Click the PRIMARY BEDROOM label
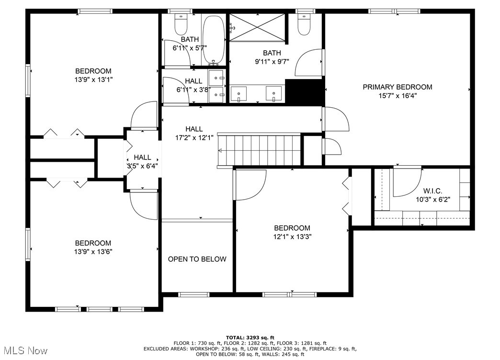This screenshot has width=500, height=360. point(398,87)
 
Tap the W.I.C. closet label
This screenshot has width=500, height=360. point(433,191)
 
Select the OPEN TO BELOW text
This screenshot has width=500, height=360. point(197,259)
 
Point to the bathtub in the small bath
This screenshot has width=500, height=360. point(214,39)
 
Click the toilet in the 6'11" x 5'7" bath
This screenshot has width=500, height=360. point(181,25)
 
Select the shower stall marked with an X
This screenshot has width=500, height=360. point(257,27)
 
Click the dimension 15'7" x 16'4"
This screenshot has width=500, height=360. point(398,96)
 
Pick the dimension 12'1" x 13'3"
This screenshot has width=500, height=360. point(293,236)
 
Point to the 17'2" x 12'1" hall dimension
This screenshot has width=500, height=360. point(194,138)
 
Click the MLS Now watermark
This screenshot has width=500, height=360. point(24,351)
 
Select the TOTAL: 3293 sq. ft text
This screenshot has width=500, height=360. point(250,337)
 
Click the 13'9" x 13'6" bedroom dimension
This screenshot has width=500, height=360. point(93,252)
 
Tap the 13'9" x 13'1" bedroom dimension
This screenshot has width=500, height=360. point(93,79)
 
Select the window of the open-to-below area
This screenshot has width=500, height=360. point(193,294)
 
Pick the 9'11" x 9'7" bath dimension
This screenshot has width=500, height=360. point(272,62)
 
